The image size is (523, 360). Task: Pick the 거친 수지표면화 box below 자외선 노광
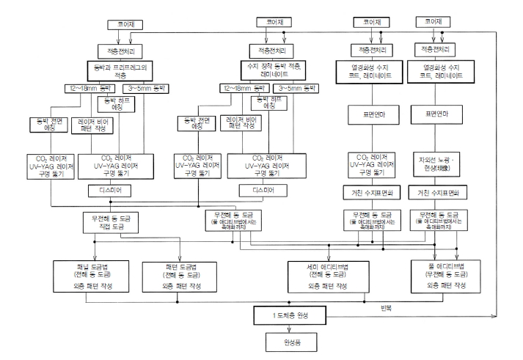[438, 192]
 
